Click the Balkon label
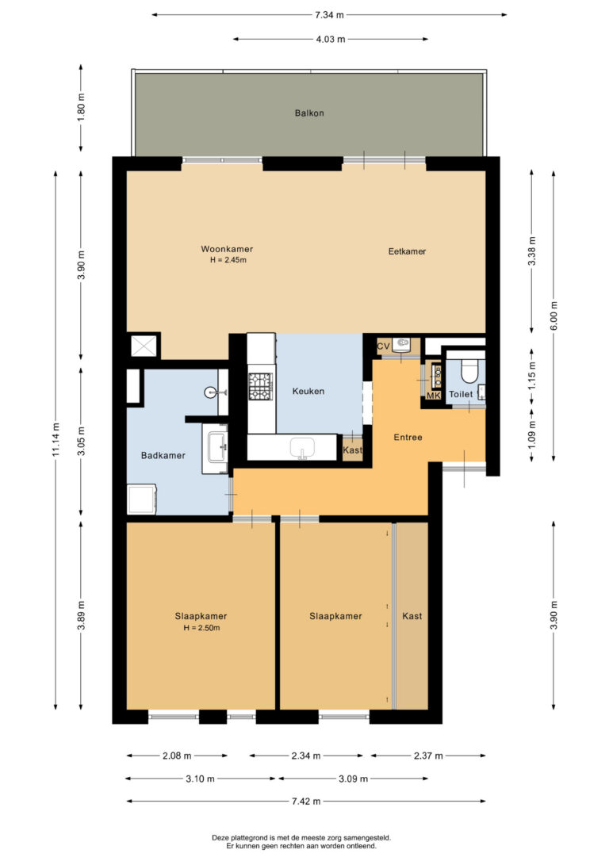(x=309, y=113)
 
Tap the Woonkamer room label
(x=227, y=249)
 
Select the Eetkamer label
(x=407, y=251)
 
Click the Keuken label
(x=308, y=391)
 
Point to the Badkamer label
(x=163, y=455)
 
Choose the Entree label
(x=408, y=437)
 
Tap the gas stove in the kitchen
(x=260, y=385)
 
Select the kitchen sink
(x=301, y=447)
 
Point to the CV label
(x=383, y=346)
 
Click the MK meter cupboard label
(x=434, y=396)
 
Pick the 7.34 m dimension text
(x=330, y=15)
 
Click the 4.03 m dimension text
(x=331, y=39)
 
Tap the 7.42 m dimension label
(x=306, y=802)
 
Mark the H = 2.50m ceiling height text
(x=201, y=628)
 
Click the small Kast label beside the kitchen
(x=353, y=450)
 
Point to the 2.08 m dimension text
(x=177, y=756)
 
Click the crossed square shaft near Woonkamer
(x=144, y=346)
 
